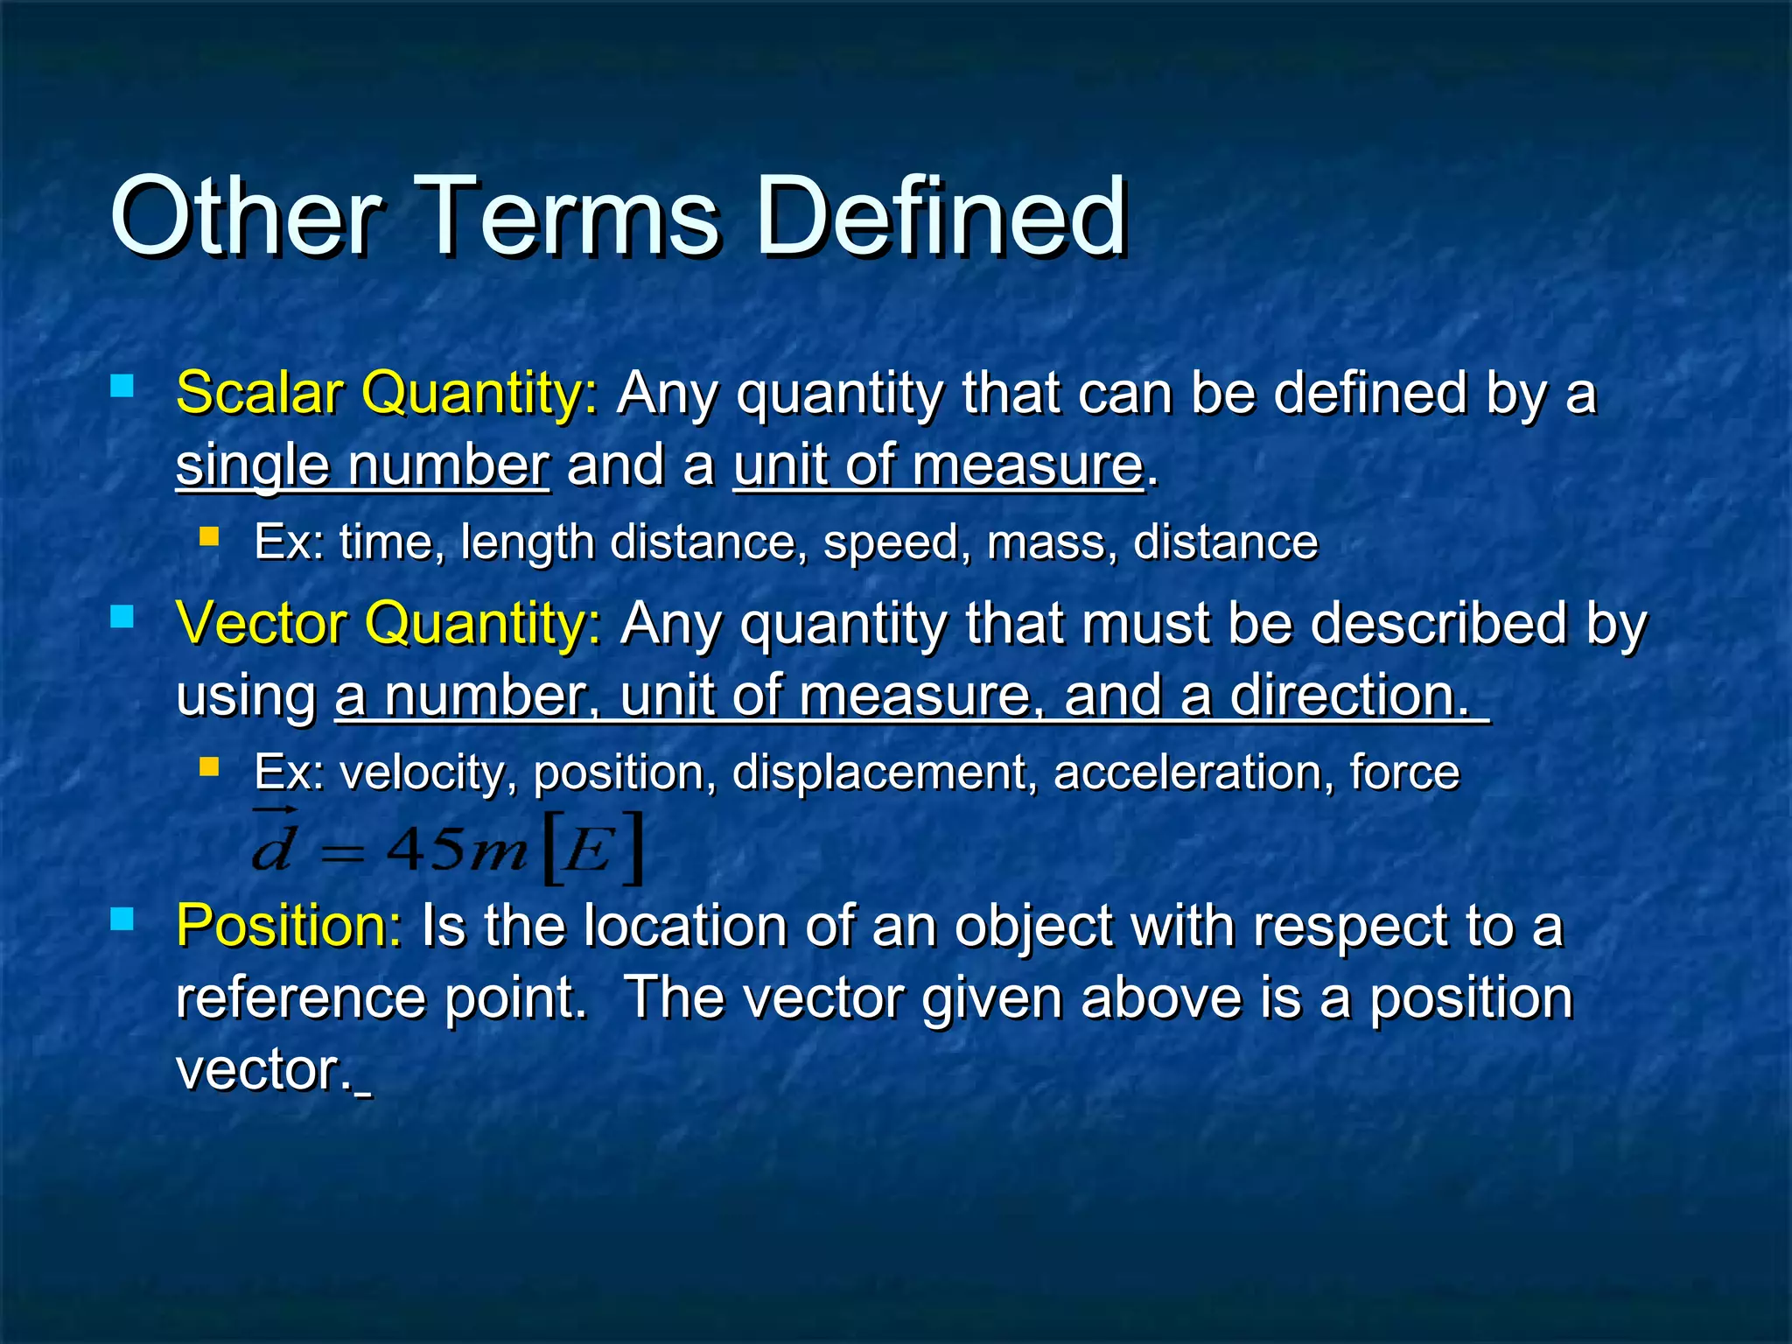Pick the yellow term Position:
pyautogui.click(x=289, y=925)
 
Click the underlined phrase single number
pyautogui.click(x=362, y=465)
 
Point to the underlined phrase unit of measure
pyautogui.click(x=938, y=465)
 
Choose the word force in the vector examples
pyautogui.click(x=1404, y=772)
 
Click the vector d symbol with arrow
pyautogui.click(x=273, y=843)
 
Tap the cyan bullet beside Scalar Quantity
pyautogui.click(x=122, y=386)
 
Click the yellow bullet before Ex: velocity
pyautogui.click(x=209, y=766)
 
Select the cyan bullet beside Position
pyautogui.click(x=122, y=918)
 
